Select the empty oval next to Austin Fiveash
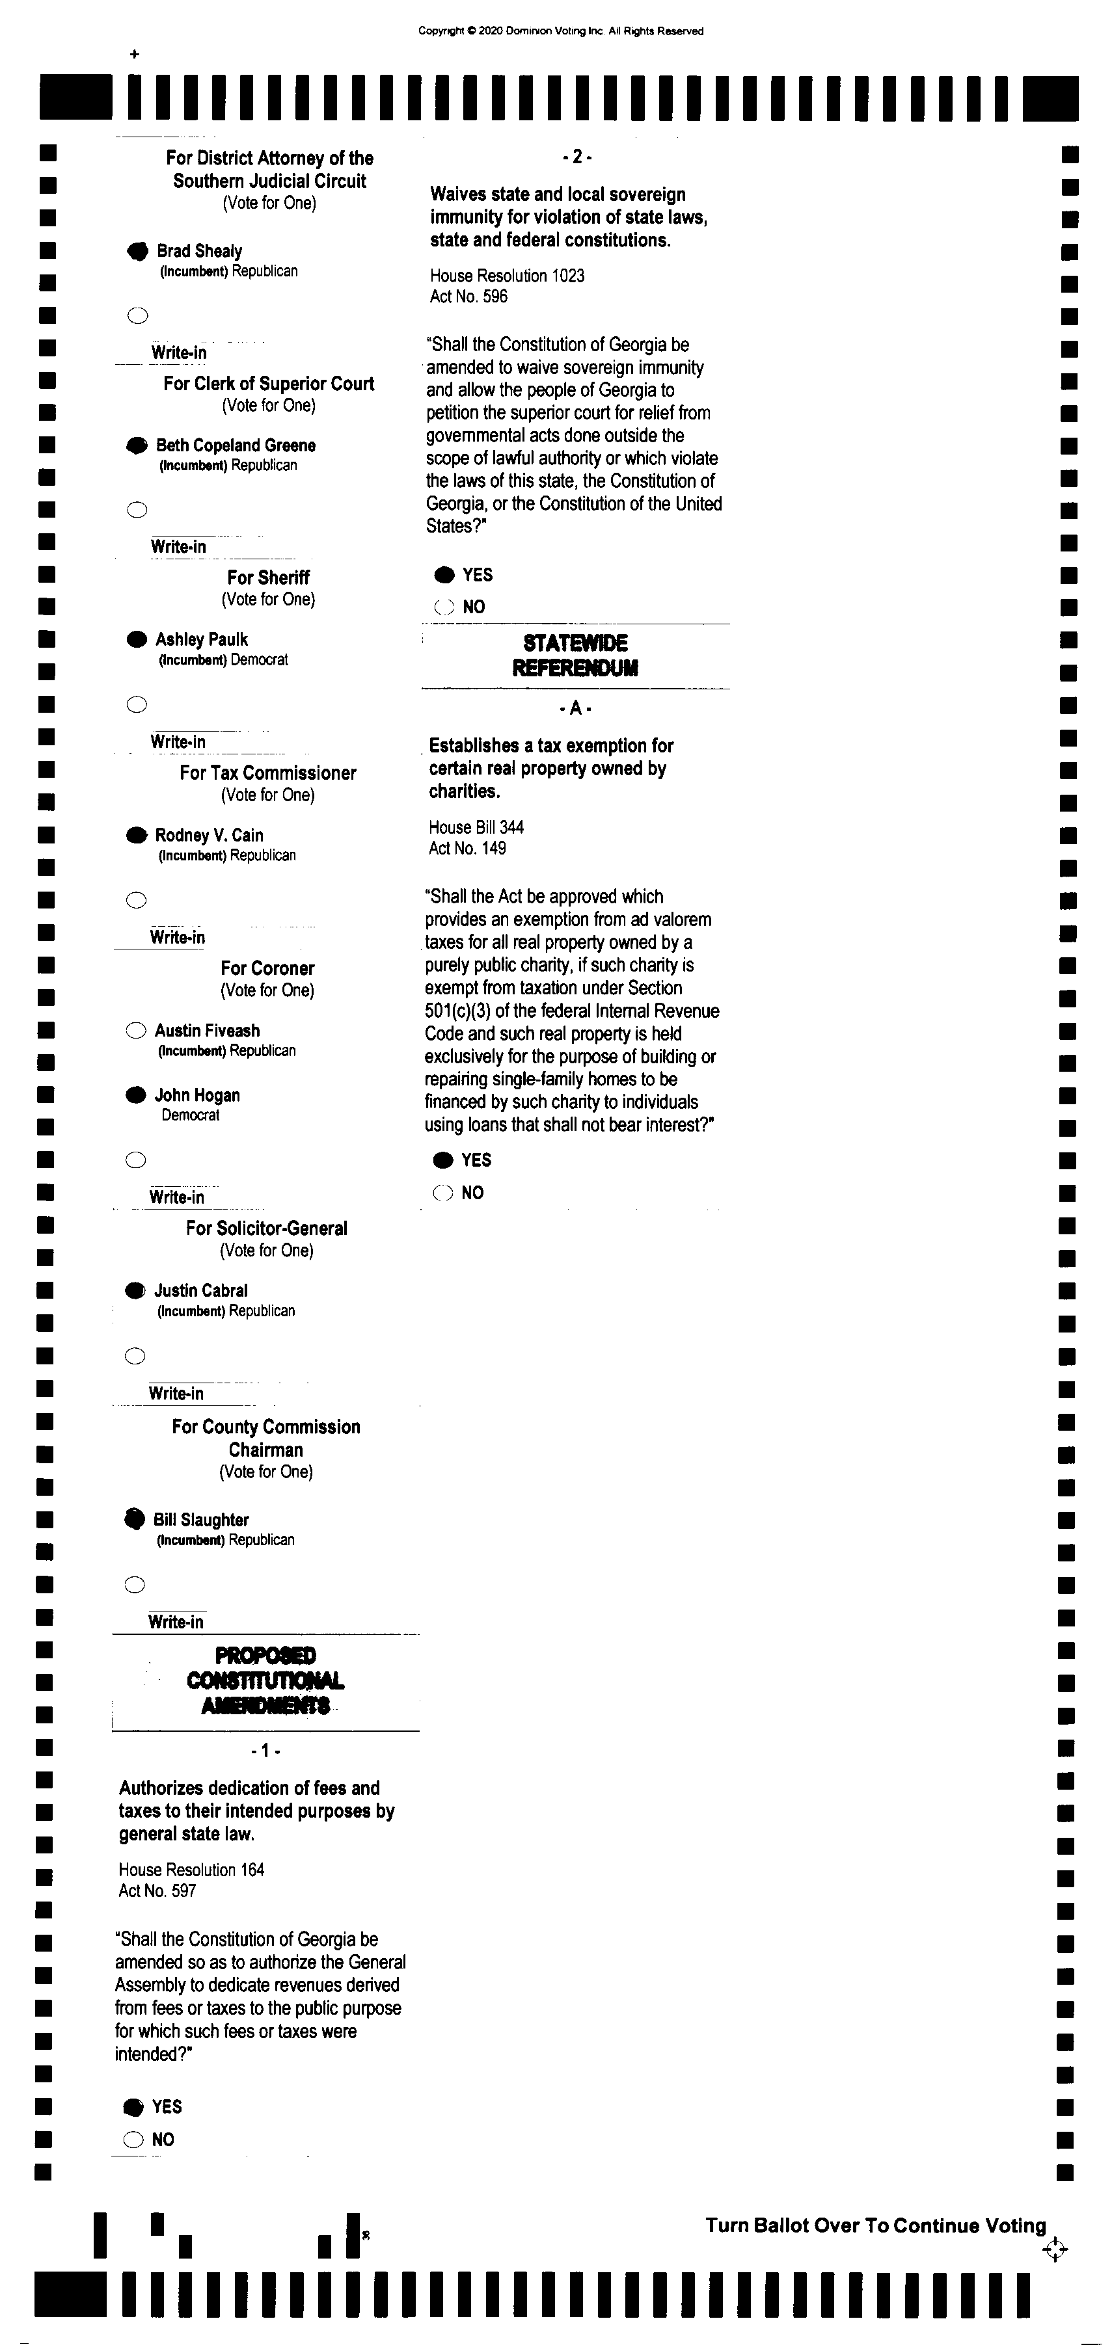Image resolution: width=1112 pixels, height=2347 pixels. point(136,1031)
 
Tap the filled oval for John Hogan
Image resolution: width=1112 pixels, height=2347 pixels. point(136,1095)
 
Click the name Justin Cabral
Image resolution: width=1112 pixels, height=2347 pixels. point(200,1290)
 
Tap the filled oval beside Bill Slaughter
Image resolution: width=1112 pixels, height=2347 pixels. point(135,1518)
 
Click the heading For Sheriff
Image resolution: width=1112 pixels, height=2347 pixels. point(268,577)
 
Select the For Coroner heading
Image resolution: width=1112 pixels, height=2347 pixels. point(267,968)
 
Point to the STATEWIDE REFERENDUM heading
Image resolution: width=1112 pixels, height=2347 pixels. point(575,655)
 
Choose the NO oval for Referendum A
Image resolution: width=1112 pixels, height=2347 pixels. point(444,1193)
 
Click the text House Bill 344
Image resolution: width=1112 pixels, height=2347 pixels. point(476,827)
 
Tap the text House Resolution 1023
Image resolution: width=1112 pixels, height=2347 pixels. point(507,275)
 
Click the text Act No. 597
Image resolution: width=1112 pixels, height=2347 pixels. point(157,1890)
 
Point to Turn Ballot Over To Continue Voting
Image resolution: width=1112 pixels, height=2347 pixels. point(875,2225)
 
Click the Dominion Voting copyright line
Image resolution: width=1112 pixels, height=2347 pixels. point(561,31)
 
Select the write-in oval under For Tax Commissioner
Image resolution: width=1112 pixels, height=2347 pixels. point(136,900)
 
